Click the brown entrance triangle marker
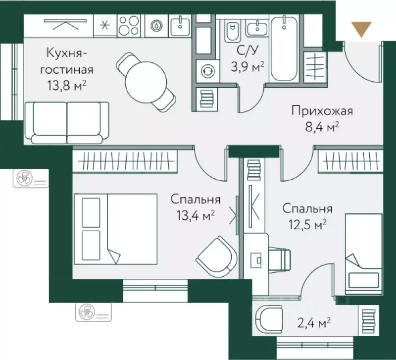[x=363, y=30]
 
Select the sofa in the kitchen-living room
[x=67, y=121]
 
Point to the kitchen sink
[x=180, y=25]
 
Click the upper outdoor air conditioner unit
[x=30, y=178]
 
